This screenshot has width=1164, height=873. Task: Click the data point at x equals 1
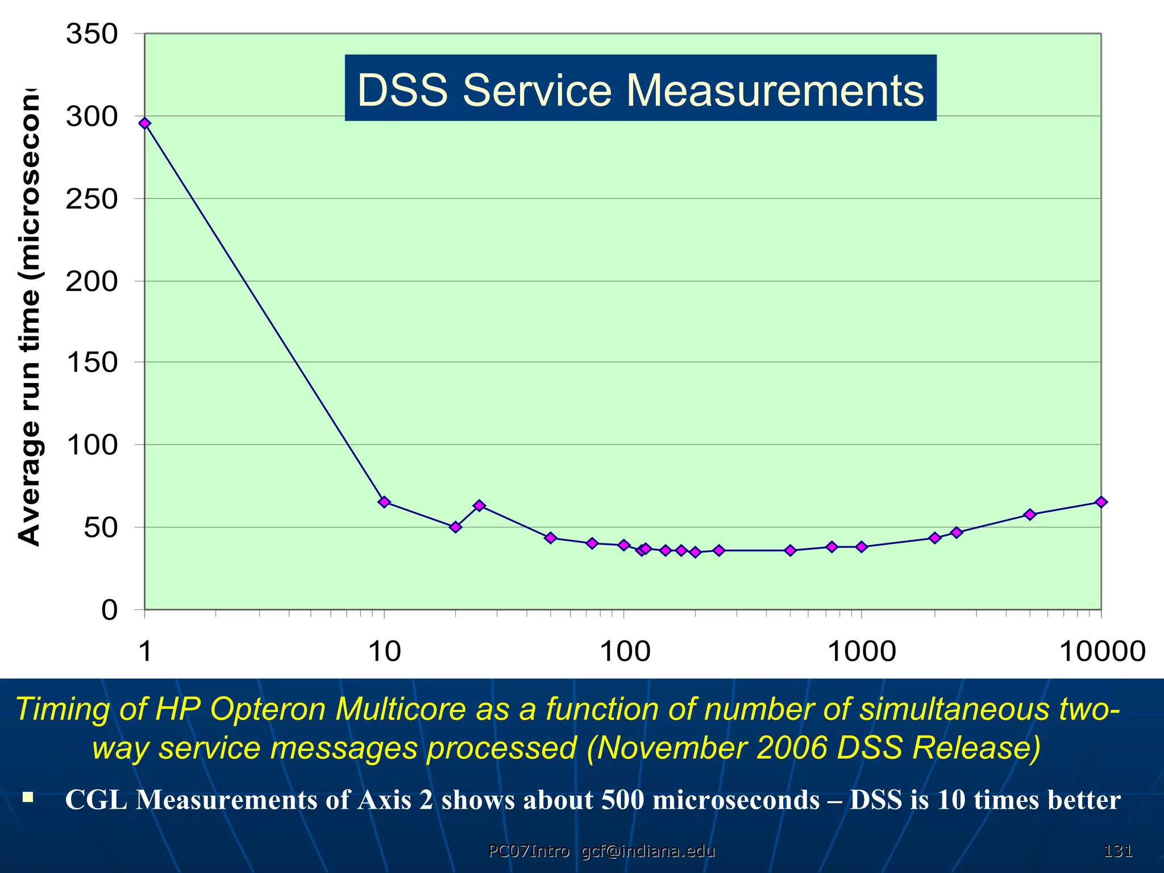(145, 123)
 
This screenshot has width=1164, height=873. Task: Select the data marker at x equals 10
(384, 502)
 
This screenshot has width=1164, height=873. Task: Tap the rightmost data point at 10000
(1101, 502)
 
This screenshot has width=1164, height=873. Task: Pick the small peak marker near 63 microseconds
(479, 505)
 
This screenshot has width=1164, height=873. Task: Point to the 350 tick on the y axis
(92, 34)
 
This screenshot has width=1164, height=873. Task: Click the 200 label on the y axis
(92, 281)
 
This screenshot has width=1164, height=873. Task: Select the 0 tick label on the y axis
(109, 610)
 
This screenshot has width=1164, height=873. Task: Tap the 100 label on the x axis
(625, 651)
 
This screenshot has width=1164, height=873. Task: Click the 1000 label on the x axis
(862, 651)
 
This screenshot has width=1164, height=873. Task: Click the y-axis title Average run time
(30, 318)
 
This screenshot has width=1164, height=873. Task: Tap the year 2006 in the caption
(792, 747)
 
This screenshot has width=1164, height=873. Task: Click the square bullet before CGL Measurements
(28, 797)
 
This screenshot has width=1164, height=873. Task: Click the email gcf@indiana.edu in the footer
(648, 851)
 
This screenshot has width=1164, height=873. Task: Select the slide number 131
(1117, 851)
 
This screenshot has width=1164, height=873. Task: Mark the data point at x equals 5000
(1029, 514)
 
